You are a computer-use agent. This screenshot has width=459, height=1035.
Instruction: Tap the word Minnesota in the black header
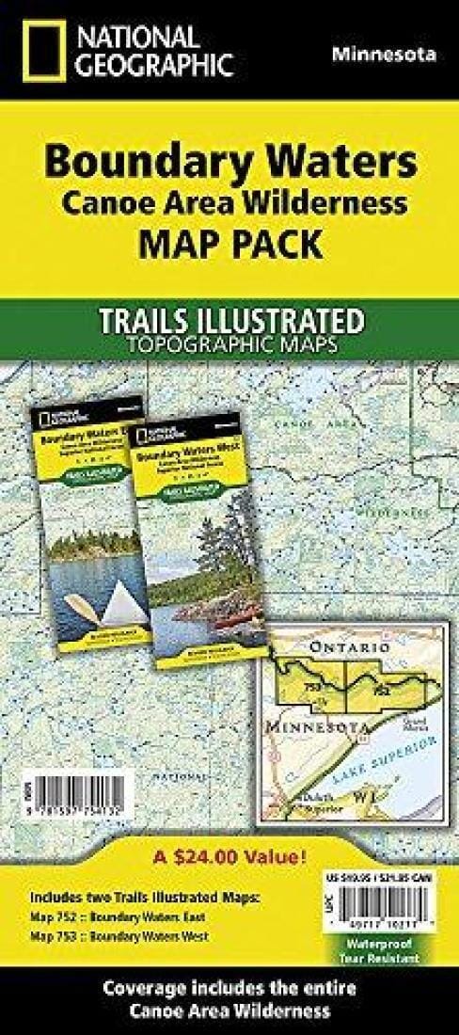click(x=384, y=55)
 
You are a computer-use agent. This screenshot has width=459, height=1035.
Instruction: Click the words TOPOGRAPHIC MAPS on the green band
click(x=229, y=343)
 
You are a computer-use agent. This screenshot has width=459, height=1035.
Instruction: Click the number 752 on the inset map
click(x=381, y=690)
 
